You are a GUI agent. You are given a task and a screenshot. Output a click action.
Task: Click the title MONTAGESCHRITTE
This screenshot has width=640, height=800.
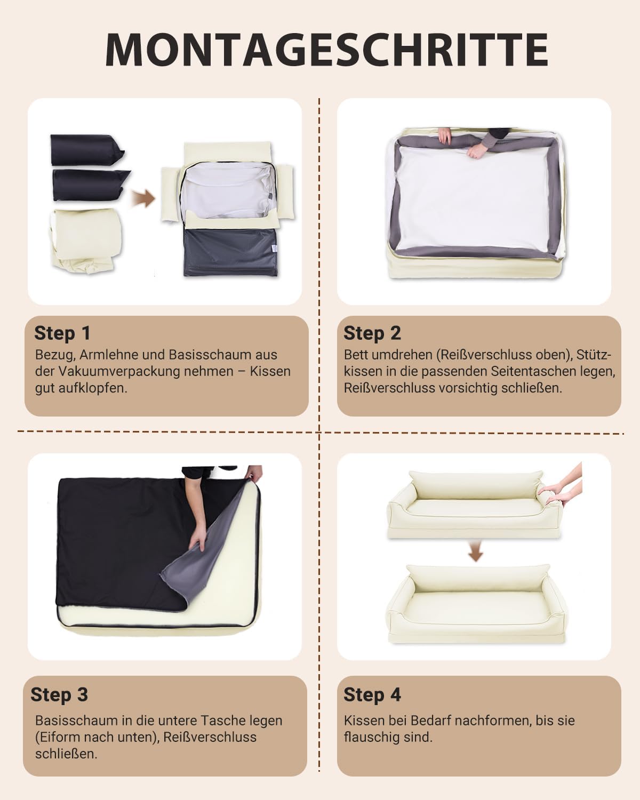[327, 50]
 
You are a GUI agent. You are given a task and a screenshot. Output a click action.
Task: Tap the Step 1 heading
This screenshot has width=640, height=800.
[62, 333]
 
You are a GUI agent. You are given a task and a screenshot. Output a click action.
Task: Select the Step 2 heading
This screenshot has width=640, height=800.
[372, 333]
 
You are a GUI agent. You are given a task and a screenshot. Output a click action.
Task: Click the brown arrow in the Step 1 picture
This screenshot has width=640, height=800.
[143, 198]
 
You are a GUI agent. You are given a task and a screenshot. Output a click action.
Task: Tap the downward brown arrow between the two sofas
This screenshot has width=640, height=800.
[475, 551]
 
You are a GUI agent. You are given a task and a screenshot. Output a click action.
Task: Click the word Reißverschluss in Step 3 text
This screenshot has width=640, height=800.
[210, 737]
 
